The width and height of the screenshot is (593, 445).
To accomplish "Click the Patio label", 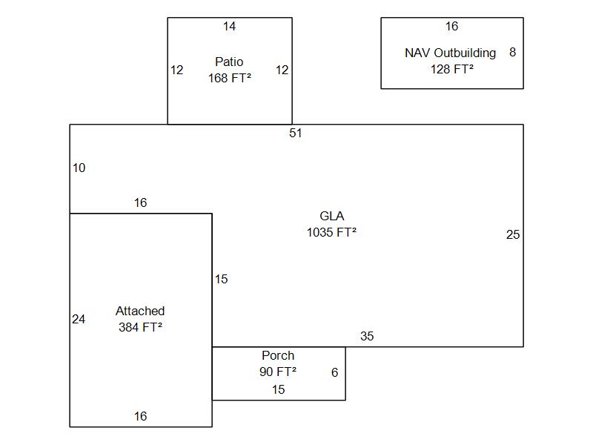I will coord(229,62).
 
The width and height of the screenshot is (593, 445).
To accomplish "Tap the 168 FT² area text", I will coord(229,77).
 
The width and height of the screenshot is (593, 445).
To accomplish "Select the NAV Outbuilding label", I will coord(450,53).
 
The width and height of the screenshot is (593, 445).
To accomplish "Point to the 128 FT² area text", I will coord(451,69).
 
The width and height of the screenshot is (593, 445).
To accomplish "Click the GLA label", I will coord(331,216).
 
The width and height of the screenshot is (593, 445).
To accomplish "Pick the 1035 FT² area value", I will coord(331,232).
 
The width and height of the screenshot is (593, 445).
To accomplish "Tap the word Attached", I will coord(140,311).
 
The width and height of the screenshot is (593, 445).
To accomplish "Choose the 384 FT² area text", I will coord(140,327).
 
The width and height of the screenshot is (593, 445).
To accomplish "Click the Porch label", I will coord(278,355).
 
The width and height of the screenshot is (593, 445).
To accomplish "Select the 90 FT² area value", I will coord(278,372).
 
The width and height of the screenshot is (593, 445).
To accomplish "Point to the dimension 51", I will coord(296,133).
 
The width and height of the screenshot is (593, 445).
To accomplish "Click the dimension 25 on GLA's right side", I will coord(513,234).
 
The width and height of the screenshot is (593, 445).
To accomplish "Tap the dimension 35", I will coord(367,336).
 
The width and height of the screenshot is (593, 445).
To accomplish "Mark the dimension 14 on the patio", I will coord(230,27).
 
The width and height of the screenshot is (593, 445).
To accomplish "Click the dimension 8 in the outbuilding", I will coord(512,53).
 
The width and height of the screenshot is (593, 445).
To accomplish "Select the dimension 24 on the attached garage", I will coord(79,319).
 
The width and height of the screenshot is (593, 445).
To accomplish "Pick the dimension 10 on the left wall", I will coord(79,168).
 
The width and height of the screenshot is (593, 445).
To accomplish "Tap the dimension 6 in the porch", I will coord(334,372).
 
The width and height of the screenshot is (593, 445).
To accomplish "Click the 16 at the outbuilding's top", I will coord(451,27).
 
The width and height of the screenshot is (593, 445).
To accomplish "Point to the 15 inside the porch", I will coord(278,389).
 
